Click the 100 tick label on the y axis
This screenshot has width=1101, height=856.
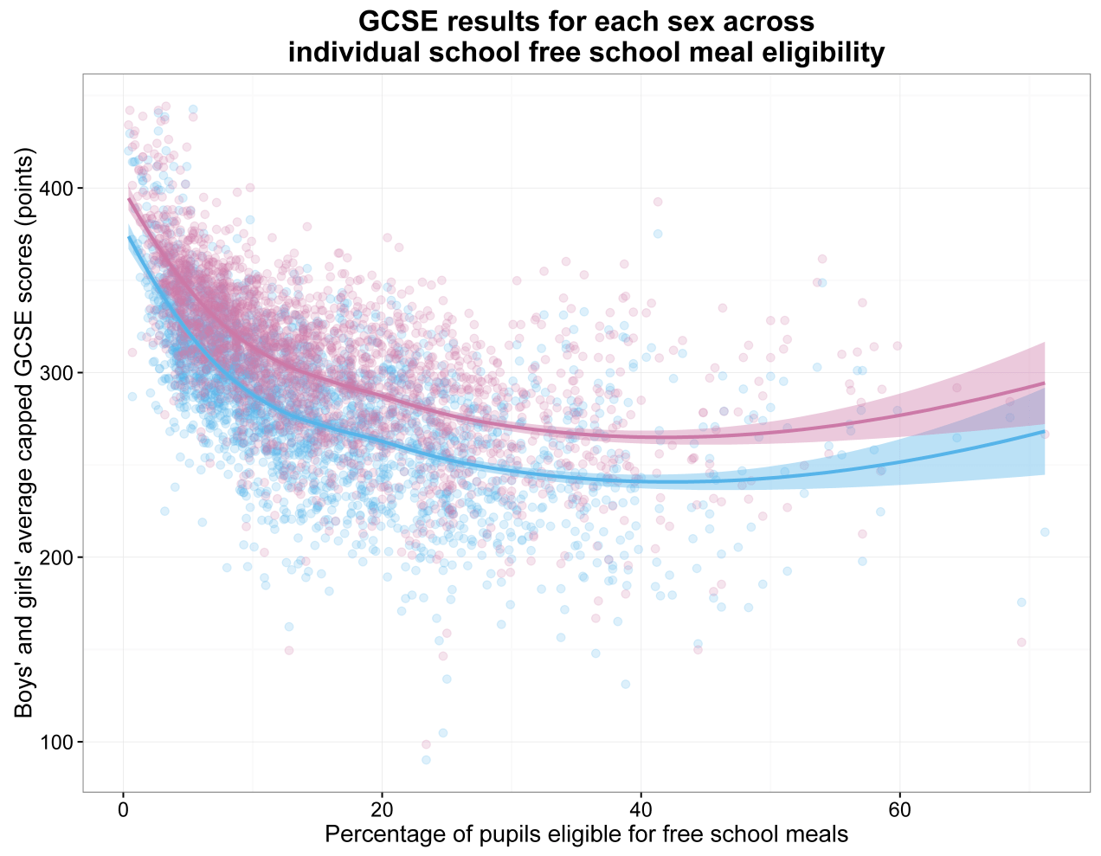point(58,742)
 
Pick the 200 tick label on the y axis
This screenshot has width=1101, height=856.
point(58,557)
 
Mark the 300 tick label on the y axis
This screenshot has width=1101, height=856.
point(58,373)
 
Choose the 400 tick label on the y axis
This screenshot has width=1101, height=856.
point(58,189)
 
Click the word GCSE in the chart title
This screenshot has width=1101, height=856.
point(396,22)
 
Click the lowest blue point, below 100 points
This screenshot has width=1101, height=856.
point(426,760)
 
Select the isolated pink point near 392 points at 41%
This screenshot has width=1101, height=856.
point(658,202)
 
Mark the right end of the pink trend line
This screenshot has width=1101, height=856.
point(1045,383)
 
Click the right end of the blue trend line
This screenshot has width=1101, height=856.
point(1045,431)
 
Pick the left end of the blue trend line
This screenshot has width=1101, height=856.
point(129,237)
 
